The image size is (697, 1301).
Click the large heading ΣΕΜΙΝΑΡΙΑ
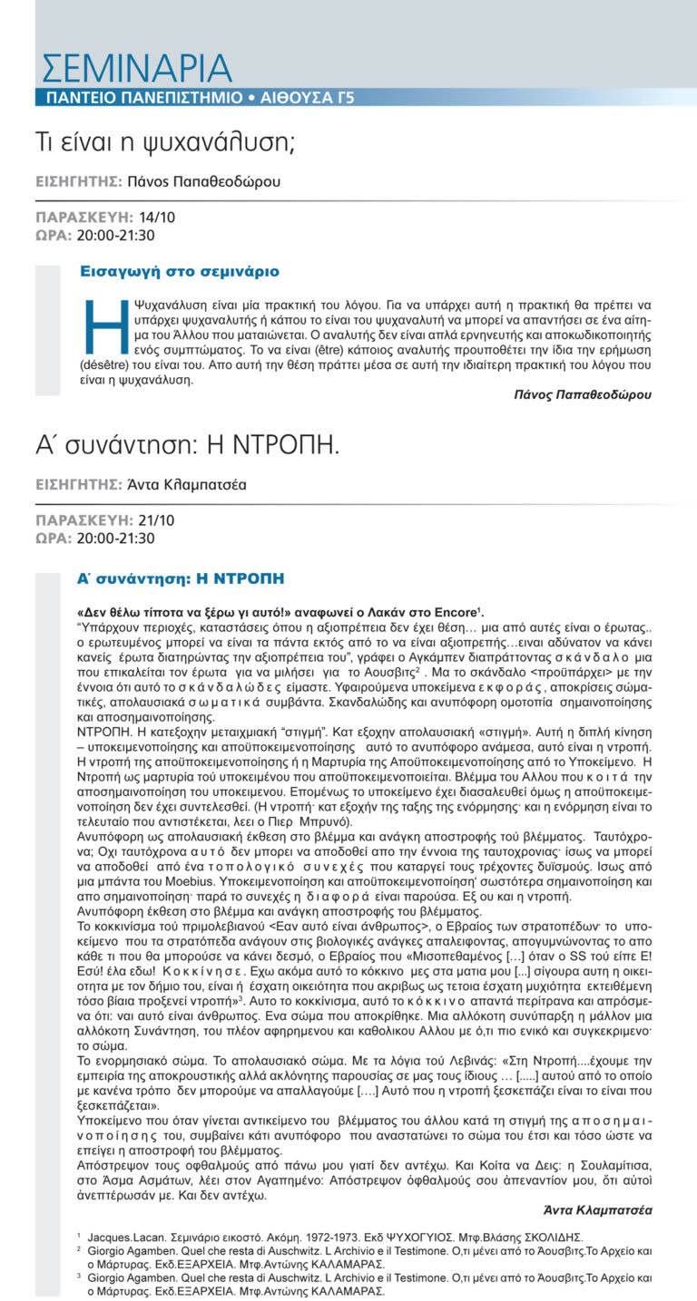pos(137,69)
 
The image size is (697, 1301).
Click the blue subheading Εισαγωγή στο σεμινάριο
pos(180,271)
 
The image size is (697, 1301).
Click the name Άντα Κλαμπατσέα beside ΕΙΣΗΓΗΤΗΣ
pos(186,485)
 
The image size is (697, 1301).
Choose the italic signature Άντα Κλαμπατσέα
pos(596,1209)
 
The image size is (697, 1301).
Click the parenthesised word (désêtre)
pos(109,365)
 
